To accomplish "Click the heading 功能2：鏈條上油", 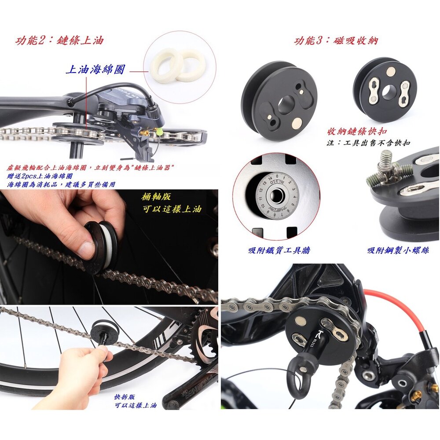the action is tap(59, 40).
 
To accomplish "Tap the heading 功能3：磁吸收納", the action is tap(336, 41).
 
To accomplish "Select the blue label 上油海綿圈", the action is tap(95, 70).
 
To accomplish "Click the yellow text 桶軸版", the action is tap(156, 197).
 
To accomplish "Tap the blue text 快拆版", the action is tap(125, 397).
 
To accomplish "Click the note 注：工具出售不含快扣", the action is tap(368, 143).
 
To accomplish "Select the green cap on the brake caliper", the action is tap(160, 131).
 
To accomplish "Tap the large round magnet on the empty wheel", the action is tap(297, 123).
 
